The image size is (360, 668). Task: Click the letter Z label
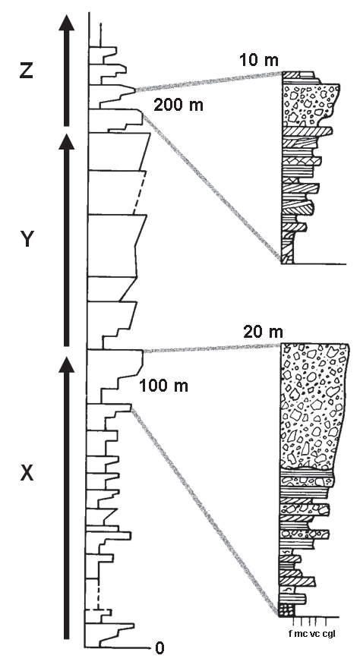coord(27,71)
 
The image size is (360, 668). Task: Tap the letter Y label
coord(27,240)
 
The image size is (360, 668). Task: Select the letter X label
coord(27,473)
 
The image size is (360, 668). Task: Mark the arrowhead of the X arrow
coord(66,364)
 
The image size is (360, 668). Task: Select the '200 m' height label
coord(178,105)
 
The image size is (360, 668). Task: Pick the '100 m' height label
coord(163,386)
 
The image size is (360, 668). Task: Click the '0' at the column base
coord(159,648)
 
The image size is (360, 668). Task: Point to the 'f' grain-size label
coord(291,634)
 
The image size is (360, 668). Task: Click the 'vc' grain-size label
coord(314,635)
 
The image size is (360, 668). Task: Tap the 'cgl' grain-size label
coord(329,635)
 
